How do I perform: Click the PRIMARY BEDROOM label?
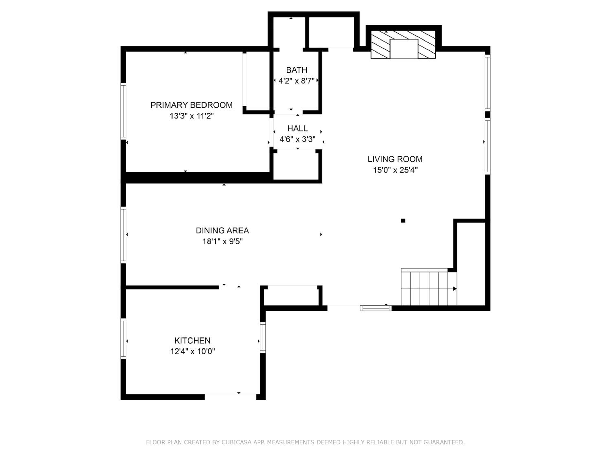(x=191, y=105)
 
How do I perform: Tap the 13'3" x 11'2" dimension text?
(x=192, y=116)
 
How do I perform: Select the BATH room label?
(x=297, y=70)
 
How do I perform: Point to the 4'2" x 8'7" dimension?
(x=297, y=81)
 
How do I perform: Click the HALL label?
(x=298, y=128)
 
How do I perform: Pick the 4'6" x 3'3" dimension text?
(x=298, y=139)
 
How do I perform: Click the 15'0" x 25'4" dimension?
(x=395, y=170)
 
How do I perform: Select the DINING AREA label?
(x=222, y=230)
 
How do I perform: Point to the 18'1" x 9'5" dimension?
(x=223, y=242)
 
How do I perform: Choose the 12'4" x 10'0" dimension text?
(x=192, y=351)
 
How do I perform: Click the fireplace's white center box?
(x=404, y=49)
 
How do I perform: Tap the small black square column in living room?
(x=403, y=221)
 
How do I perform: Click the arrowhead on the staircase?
(x=455, y=289)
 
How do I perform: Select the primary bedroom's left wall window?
(x=123, y=111)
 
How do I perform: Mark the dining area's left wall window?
(x=123, y=235)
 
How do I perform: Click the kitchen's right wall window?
(x=263, y=337)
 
